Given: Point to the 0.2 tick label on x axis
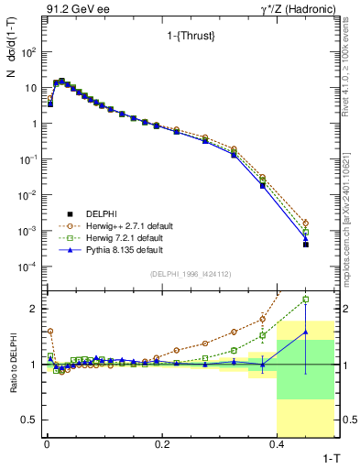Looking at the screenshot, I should [162, 444].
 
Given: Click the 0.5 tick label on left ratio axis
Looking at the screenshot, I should [29, 420].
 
